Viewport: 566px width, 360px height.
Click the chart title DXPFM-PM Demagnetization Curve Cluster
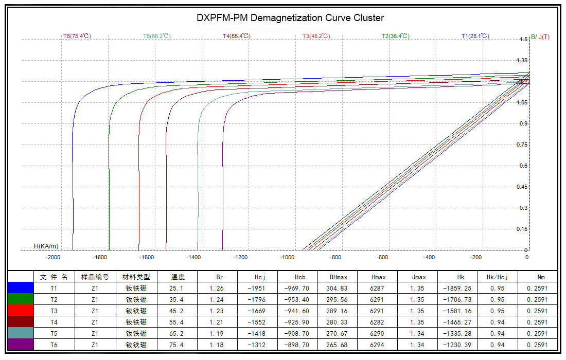[x=290, y=18]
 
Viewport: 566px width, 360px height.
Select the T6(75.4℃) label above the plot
[x=77, y=37]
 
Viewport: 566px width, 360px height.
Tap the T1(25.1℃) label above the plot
[x=475, y=37]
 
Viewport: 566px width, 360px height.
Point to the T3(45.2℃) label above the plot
[x=316, y=37]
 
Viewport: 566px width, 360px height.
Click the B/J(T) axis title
[x=540, y=37]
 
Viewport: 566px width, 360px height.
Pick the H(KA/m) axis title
[x=46, y=246]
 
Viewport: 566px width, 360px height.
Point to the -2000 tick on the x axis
[x=53, y=258]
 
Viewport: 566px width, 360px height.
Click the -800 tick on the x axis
[x=335, y=258]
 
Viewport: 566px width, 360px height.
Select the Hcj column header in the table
[x=260, y=277]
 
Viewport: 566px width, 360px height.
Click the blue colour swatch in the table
[x=21, y=289]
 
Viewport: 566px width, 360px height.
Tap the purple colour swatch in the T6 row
[x=21, y=345]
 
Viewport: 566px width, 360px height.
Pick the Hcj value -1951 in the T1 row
[x=260, y=289]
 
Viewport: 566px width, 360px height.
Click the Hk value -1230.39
[x=457, y=345]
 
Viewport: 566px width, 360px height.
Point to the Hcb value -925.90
[x=297, y=322]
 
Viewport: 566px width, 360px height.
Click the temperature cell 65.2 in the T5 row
[x=178, y=333]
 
